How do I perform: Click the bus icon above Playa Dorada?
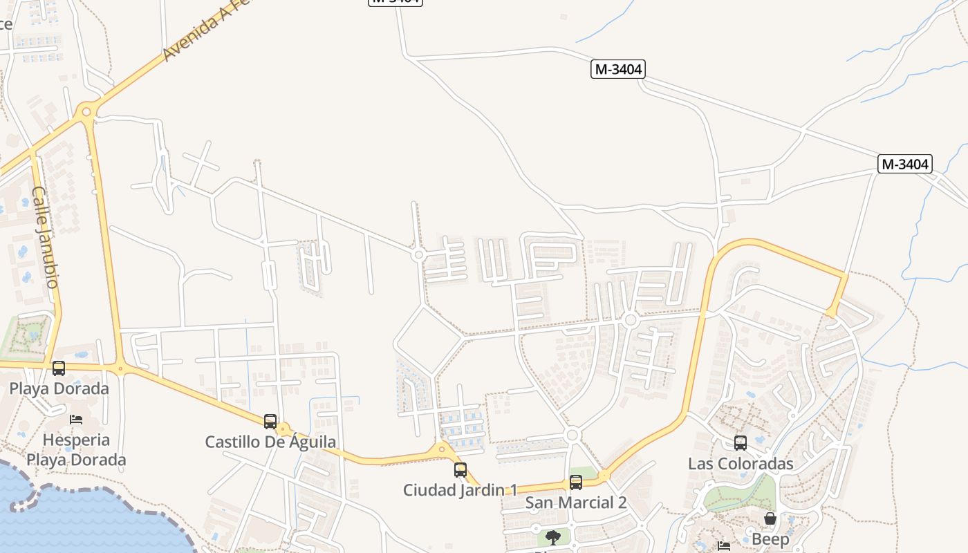point(59,368)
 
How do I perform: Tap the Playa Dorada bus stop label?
point(59,388)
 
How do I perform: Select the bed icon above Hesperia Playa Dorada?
point(76,420)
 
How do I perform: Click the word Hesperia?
point(76,440)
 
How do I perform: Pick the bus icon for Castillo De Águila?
point(270,421)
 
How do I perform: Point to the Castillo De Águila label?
point(270,442)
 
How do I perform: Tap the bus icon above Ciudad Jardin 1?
point(460,470)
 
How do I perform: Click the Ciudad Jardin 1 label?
point(460,490)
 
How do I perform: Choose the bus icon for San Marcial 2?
point(576,482)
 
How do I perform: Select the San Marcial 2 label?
point(576,503)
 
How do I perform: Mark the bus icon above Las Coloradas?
point(741,443)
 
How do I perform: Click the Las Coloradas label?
point(741,463)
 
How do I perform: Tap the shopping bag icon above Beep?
point(770,518)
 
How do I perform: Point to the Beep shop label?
point(770,539)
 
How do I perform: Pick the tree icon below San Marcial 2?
point(552,537)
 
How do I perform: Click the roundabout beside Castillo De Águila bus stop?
point(283,430)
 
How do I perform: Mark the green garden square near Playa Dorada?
point(28,336)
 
